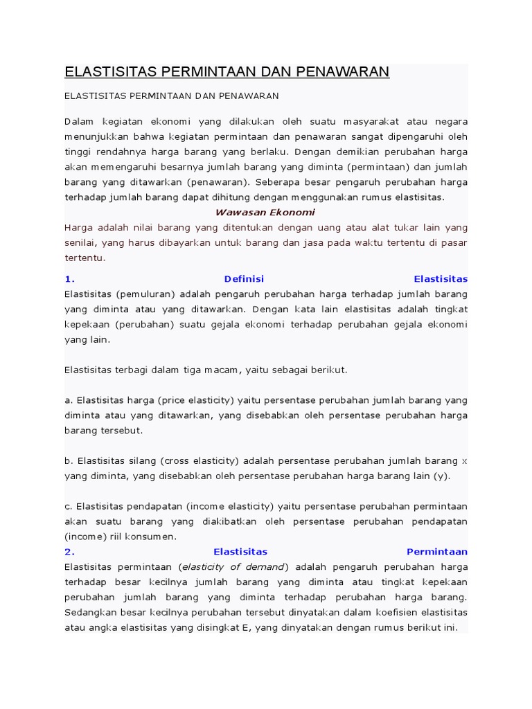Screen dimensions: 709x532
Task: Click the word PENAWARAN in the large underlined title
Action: [344, 72]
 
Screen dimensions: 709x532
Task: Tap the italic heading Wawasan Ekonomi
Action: [265, 213]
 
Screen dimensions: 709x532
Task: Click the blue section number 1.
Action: [69, 279]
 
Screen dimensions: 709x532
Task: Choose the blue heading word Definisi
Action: [244, 279]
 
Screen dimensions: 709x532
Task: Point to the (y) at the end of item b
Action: [442, 476]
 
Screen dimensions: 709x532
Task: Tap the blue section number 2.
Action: [69, 552]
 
